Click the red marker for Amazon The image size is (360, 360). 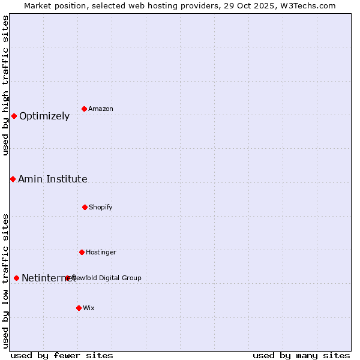point(85,109)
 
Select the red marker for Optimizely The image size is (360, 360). point(14,116)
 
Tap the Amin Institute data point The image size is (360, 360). point(13,179)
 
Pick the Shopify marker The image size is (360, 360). point(85,207)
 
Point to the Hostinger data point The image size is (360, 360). point(82,252)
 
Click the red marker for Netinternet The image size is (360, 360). point(16,278)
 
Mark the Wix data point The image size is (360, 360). point(79,308)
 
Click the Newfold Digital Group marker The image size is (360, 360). point(68,278)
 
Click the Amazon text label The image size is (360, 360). point(101,109)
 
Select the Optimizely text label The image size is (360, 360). point(44,116)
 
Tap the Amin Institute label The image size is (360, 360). point(53,179)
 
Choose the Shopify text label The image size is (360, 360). point(101,207)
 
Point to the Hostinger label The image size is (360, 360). point(101,252)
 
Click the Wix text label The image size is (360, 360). point(89,308)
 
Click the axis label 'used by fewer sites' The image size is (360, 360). point(62,355)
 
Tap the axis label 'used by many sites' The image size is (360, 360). point(301,355)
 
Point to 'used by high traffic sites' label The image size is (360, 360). point(5,85)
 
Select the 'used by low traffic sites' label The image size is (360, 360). point(5,280)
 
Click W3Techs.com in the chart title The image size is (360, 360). point(305,5)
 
